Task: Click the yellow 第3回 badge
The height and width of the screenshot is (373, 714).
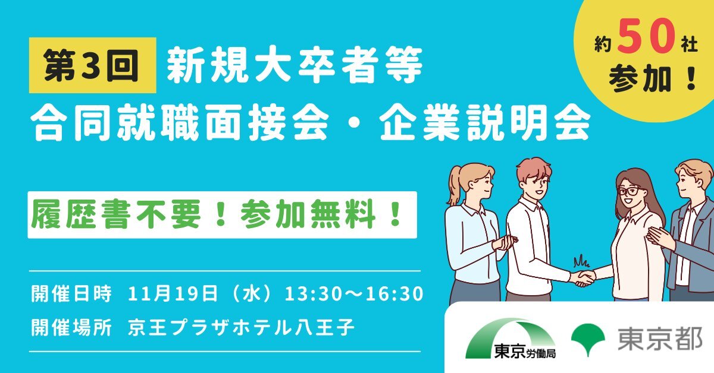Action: point(92,65)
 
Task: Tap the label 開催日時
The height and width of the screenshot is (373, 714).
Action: point(71,293)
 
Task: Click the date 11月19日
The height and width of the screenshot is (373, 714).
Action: point(173,293)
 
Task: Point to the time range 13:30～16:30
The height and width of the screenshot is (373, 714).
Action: point(353,294)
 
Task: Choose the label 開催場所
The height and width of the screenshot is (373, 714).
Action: point(71,327)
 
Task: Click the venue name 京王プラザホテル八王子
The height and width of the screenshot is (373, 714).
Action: point(241,327)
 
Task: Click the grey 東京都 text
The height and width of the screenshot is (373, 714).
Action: point(660,339)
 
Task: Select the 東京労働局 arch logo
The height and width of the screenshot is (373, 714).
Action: point(511,339)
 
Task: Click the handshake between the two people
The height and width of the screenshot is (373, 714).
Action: point(583,278)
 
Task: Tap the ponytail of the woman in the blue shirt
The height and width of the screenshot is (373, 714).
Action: point(455,185)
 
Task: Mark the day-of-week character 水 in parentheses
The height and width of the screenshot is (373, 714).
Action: point(252,293)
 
